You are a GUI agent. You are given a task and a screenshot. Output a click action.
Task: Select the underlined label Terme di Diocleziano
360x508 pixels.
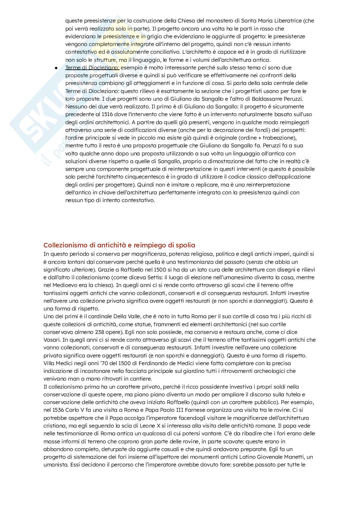click(x=92, y=68)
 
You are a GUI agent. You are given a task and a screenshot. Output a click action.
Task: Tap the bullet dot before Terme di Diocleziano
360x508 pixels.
click(x=56, y=68)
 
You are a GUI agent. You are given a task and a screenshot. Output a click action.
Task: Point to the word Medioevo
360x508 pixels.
click(x=63, y=285)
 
